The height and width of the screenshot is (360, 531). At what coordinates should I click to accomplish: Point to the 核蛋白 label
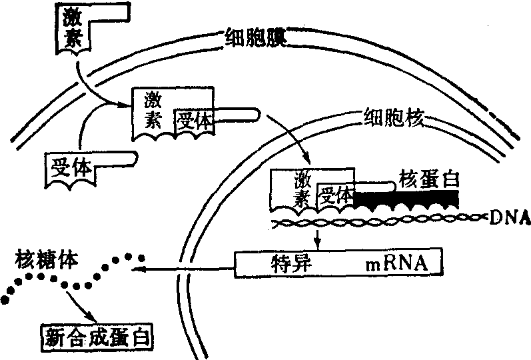click(428, 178)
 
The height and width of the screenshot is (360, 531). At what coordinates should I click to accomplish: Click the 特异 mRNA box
click(338, 263)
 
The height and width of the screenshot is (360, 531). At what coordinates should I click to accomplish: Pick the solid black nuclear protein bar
click(406, 198)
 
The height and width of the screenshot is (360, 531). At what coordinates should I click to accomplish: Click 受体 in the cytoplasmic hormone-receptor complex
click(195, 121)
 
